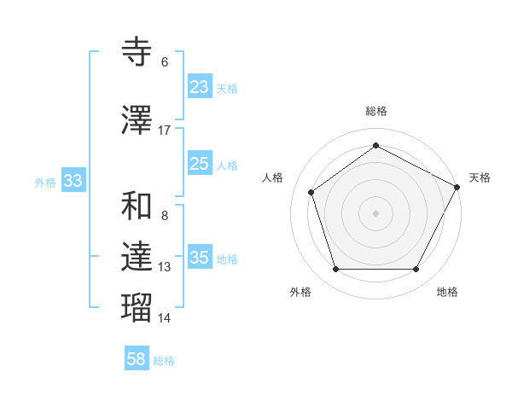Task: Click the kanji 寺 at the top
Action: coord(137,51)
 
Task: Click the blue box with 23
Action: coord(200,87)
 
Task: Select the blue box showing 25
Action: coord(200,164)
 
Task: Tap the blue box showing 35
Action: coord(200,258)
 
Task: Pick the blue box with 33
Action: coord(73,181)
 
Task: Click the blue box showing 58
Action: coord(137,359)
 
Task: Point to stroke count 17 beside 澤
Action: coord(165,131)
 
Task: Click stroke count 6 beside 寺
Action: coord(165,62)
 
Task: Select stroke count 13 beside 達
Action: coord(165,267)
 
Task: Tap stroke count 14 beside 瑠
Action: coord(165,318)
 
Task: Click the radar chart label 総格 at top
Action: coord(375,111)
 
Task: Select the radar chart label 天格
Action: coord(480,177)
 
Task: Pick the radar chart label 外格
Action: coord(300,292)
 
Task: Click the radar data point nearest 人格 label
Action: coord(311,192)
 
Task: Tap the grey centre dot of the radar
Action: coord(375,212)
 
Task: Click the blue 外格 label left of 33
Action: coord(45,182)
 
